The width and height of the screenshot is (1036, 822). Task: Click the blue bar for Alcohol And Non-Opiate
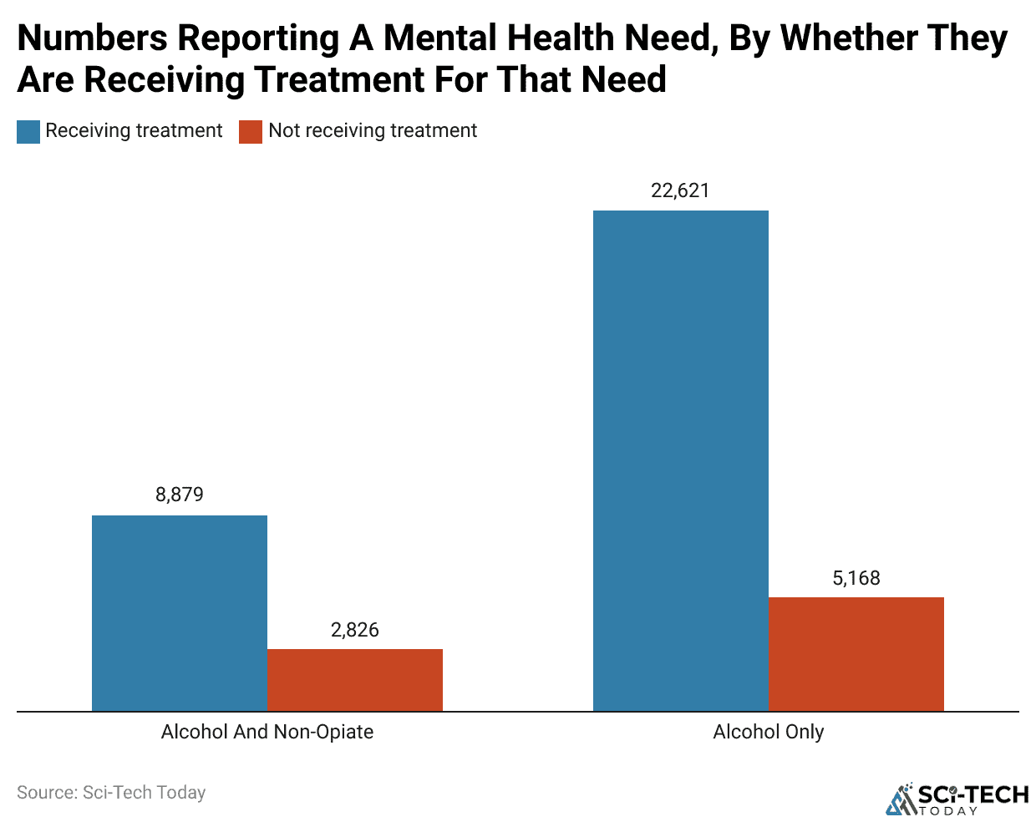coord(180,613)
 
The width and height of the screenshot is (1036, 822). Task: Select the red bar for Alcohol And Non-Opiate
coord(355,680)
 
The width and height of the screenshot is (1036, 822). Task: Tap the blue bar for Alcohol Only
coord(681,460)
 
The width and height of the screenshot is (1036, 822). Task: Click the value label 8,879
coord(180,495)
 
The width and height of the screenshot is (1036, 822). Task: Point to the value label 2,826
coord(355,630)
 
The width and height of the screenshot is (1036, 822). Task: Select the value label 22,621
coord(681,190)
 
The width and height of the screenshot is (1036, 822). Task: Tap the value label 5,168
coord(856,578)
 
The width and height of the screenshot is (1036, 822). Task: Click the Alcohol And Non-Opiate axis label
coord(267,732)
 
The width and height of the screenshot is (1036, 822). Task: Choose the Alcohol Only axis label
coord(769,732)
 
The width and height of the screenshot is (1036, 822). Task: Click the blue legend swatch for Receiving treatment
coord(28,132)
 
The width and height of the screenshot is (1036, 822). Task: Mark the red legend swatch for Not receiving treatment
coord(251,132)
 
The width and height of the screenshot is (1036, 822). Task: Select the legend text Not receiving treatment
coord(373,131)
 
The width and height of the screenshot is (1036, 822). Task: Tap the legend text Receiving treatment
coord(134,131)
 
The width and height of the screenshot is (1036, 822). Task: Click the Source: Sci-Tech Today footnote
coord(111,792)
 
